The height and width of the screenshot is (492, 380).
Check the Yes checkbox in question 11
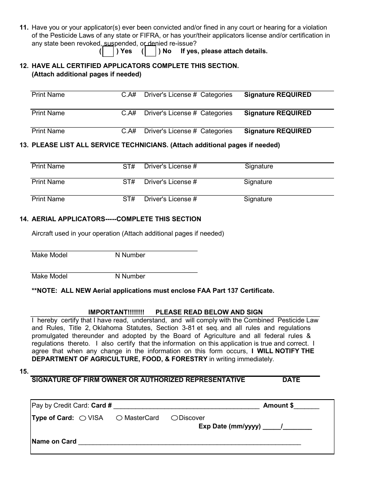108,52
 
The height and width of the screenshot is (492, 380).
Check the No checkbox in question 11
150,52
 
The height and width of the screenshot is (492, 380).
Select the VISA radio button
82,418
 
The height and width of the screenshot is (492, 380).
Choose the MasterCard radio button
119,418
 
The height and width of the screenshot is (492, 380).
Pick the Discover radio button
174,418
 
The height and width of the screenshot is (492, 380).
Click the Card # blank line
186,406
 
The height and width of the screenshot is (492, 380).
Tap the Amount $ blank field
306,406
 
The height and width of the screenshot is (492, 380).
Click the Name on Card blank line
189,442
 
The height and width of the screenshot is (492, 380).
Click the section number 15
24,372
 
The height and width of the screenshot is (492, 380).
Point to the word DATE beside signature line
291,380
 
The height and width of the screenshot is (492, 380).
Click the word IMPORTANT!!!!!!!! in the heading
116,312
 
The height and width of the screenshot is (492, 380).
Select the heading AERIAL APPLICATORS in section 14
68,219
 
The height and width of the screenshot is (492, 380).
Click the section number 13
24,145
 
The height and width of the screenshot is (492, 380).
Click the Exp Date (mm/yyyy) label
230,426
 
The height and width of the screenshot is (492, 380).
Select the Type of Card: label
53,418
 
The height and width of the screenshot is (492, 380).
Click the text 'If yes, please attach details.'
224,51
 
